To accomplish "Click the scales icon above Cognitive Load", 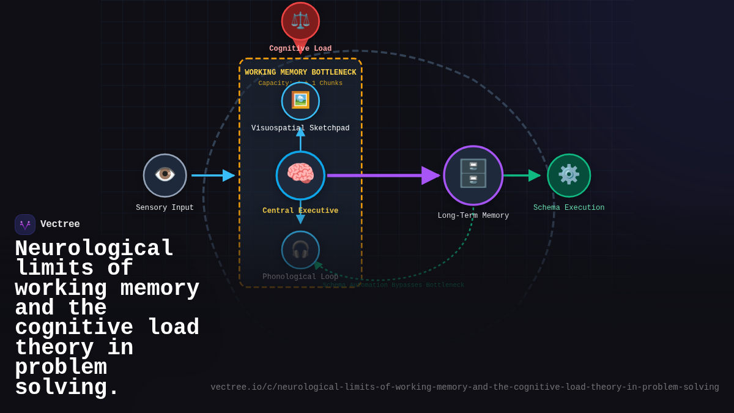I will [300, 21].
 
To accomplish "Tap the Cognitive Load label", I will [300, 49].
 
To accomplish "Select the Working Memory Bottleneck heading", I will [300, 73].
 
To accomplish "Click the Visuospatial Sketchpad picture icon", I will [300, 100].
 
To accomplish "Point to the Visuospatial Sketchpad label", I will [300, 128].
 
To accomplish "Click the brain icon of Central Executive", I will [300, 175].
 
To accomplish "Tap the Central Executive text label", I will [300, 211].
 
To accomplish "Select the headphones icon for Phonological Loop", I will [300, 249].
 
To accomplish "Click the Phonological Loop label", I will [300, 277].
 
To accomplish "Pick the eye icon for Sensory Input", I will [165, 175].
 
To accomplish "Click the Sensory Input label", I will [165, 208].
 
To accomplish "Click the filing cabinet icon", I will [473, 174].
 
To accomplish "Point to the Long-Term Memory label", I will [473, 216].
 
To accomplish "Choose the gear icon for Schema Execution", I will [569, 175].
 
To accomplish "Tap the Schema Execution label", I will [569, 208].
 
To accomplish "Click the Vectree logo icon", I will [25, 225].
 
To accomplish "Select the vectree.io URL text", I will [465, 387].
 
